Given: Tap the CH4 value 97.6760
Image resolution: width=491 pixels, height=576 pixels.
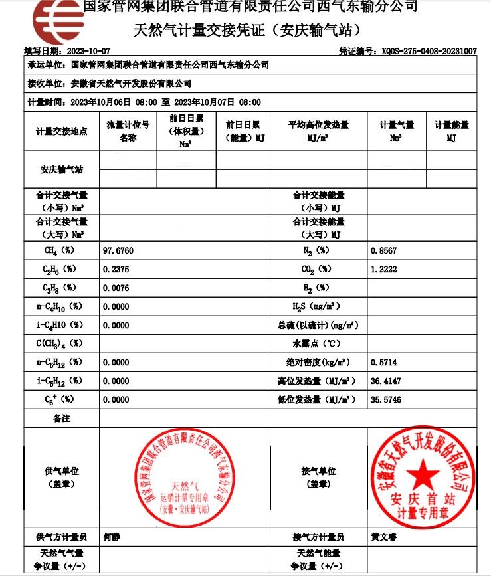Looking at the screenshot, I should (x=118, y=250).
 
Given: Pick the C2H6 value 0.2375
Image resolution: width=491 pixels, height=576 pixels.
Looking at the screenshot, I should (x=116, y=269).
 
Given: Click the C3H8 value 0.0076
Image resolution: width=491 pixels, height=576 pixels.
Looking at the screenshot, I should (x=116, y=288).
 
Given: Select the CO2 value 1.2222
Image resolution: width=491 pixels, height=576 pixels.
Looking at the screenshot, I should (x=383, y=269).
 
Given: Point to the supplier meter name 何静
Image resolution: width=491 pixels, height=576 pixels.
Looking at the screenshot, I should (x=112, y=537).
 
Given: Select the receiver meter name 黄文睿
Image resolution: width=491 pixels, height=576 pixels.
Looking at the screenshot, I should (x=383, y=537).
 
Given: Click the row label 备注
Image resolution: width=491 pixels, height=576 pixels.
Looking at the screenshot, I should (x=61, y=419).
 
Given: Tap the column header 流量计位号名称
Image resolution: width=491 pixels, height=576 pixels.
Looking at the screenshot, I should (x=128, y=132).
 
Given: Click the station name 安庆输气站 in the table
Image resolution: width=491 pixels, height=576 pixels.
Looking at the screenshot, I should (x=61, y=170).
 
